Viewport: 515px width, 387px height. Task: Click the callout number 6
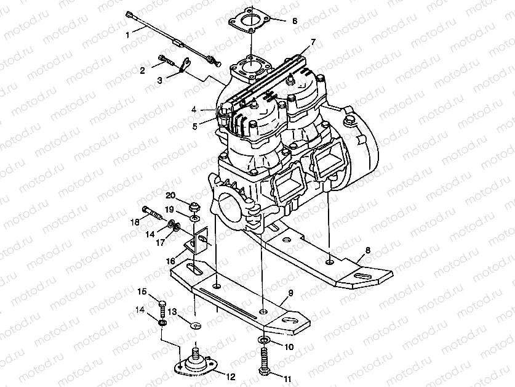point(294,20)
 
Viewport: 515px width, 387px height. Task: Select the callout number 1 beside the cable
point(128,36)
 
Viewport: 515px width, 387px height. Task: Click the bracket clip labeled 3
point(183,66)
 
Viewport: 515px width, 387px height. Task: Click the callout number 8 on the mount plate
point(368,251)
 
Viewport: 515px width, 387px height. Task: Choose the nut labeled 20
point(194,205)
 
